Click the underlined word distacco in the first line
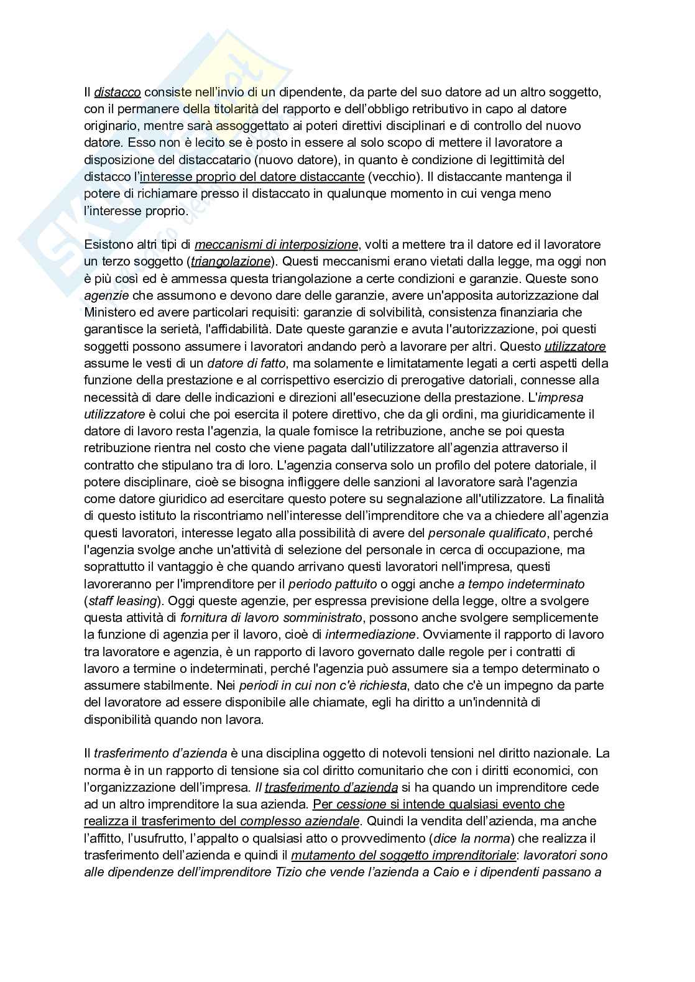(117, 92)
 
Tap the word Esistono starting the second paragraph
(108, 244)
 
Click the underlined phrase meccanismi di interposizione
(277, 244)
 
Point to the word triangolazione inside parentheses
(231, 261)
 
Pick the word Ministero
(108, 312)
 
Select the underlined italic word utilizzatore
(575, 346)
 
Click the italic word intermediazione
(370, 634)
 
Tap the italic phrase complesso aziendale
(299, 821)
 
